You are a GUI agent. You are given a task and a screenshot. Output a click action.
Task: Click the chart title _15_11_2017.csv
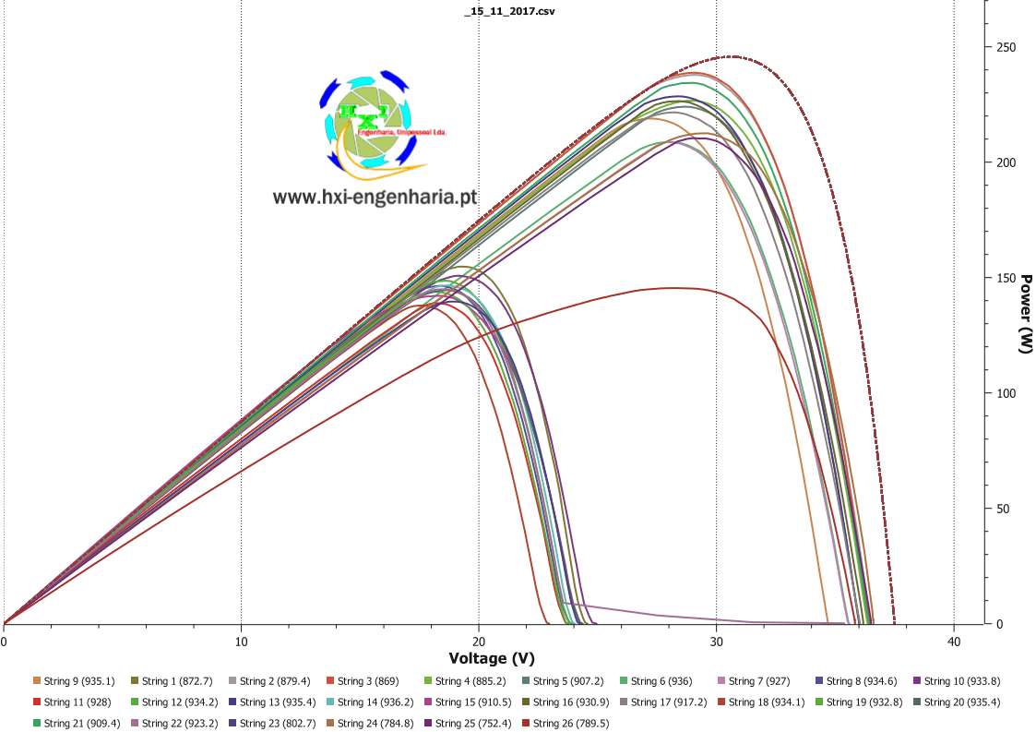[509, 11]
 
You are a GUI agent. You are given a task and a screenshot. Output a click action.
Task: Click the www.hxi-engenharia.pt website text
[375, 197]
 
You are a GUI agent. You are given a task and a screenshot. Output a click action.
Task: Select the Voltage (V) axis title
[492, 658]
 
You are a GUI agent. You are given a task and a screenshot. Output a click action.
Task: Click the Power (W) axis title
[1026, 314]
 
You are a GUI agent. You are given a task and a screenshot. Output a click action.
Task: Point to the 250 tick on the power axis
[1001, 47]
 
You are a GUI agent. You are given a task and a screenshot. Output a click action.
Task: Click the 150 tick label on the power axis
[1001, 278]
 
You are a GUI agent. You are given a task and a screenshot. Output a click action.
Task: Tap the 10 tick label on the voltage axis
[241, 642]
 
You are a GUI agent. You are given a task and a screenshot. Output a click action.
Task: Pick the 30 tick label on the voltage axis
[716, 642]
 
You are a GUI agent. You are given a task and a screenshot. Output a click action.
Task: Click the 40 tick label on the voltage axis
[954, 642]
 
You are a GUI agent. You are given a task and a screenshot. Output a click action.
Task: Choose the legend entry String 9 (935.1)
[74, 681]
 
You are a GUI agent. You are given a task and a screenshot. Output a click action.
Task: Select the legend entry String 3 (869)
[363, 681]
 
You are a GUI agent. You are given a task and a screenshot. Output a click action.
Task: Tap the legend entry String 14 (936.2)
[370, 702]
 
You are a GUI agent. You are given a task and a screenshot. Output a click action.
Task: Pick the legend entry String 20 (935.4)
[958, 702]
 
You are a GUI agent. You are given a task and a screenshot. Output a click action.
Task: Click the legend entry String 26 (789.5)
[566, 724]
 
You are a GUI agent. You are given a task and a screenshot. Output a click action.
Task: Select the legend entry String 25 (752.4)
[468, 724]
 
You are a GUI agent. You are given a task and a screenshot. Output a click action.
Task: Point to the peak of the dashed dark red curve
[732, 56]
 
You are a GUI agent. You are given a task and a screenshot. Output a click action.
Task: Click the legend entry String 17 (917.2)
[663, 702]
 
